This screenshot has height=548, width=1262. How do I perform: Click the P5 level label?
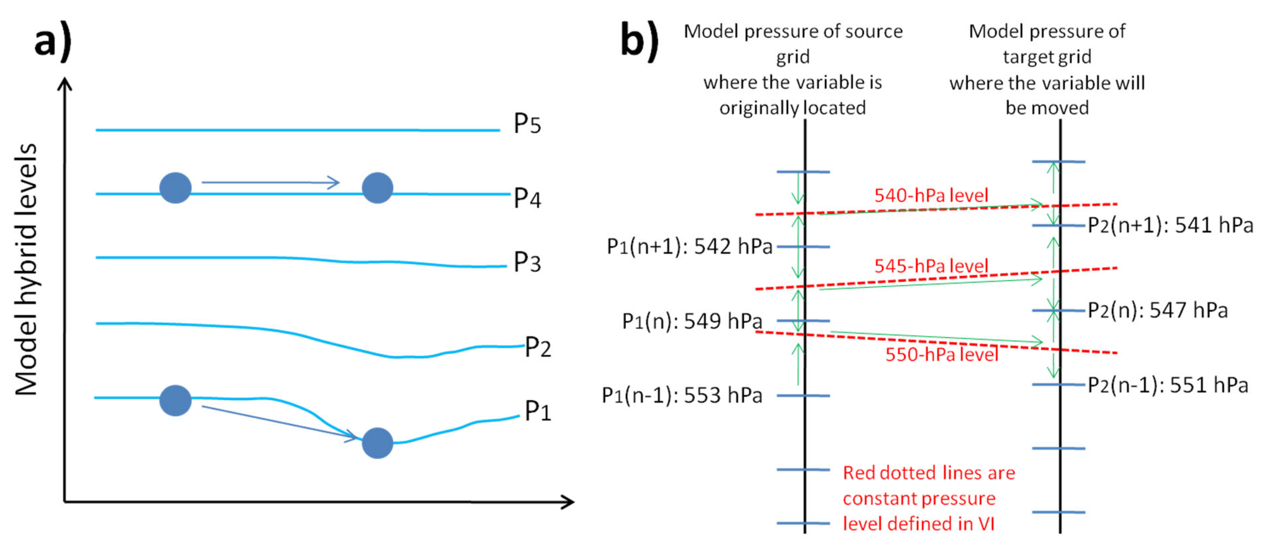(527, 124)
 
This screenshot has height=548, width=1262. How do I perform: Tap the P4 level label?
(527, 198)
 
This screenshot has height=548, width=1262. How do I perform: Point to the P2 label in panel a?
(538, 347)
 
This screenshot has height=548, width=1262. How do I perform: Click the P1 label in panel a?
(538, 411)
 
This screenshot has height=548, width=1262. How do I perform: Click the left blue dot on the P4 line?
(175, 188)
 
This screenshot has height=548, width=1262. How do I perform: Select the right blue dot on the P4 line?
(377, 188)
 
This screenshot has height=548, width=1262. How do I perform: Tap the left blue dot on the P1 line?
(175, 400)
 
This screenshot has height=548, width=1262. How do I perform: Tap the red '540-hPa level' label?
(931, 195)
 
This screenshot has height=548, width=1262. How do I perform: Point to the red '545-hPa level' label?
(931, 266)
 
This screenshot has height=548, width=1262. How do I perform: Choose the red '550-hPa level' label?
(941, 354)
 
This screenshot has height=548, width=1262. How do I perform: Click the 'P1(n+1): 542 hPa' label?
(689, 246)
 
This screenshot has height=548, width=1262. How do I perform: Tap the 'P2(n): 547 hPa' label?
(1158, 310)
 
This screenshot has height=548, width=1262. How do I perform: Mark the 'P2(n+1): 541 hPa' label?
(1170, 225)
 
